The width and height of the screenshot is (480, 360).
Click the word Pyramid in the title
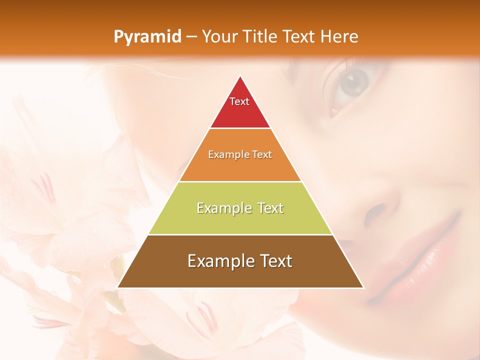(147, 37)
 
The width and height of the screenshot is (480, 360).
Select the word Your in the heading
(220, 36)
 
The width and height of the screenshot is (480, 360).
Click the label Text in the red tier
(239, 101)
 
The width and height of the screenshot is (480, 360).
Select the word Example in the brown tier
(217, 261)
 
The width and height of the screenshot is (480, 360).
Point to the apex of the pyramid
(240, 76)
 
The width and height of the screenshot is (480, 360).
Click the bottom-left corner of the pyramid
(118, 287)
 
